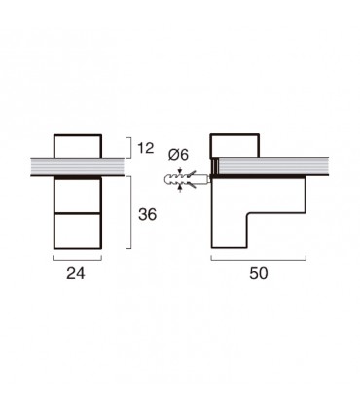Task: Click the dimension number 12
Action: pyautogui.click(x=146, y=148)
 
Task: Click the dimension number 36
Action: pyautogui.click(x=148, y=214)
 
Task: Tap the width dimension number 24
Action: pyautogui.click(x=76, y=273)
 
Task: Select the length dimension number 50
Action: pyautogui.click(x=259, y=273)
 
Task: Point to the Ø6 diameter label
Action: pyautogui.click(x=178, y=155)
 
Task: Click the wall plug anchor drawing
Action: pyautogui.click(x=187, y=179)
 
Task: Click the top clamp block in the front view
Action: pyautogui.click(x=78, y=146)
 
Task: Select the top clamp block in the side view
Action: pyautogui.click(x=234, y=145)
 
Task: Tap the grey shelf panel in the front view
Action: pyautogui.click(x=78, y=167)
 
